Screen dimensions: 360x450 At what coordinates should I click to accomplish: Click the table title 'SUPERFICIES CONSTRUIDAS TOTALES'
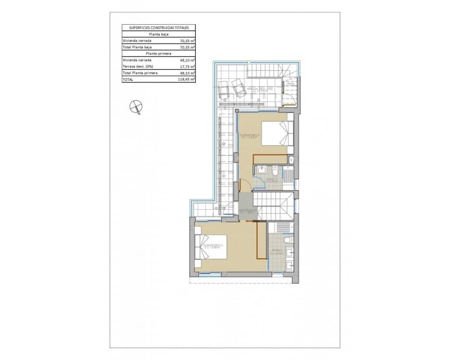[159, 27]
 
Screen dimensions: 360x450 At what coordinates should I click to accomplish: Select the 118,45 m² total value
[185, 80]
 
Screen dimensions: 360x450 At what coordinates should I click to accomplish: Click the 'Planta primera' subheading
[159, 53]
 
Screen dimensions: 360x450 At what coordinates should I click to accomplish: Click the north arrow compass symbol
[135, 106]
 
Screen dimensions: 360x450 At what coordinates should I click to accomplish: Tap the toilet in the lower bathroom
[287, 240]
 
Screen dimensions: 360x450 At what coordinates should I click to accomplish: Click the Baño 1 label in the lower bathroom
[277, 251]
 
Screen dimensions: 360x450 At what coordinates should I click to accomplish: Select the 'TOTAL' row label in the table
[129, 80]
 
